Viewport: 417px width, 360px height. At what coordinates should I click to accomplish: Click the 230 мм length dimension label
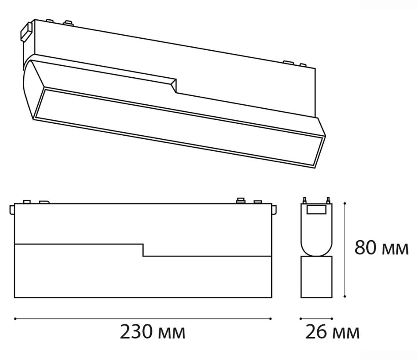[x=152, y=332]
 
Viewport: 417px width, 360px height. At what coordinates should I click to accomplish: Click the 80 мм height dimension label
[x=381, y=248]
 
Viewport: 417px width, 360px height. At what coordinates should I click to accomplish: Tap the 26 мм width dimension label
[x=332, y=332]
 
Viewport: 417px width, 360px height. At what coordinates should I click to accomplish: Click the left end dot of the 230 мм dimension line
[x=15, y=318]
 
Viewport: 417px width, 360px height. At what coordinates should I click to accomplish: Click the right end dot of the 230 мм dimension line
[x=270, y=318]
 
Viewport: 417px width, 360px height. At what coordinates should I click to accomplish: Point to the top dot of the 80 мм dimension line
[x=345, y=203]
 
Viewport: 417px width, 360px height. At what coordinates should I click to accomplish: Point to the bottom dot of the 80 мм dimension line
[x=345, y=296]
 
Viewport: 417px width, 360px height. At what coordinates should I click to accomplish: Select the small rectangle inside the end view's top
[x=316, y=210]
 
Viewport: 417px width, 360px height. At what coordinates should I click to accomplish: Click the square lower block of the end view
[x=316, y=277]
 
